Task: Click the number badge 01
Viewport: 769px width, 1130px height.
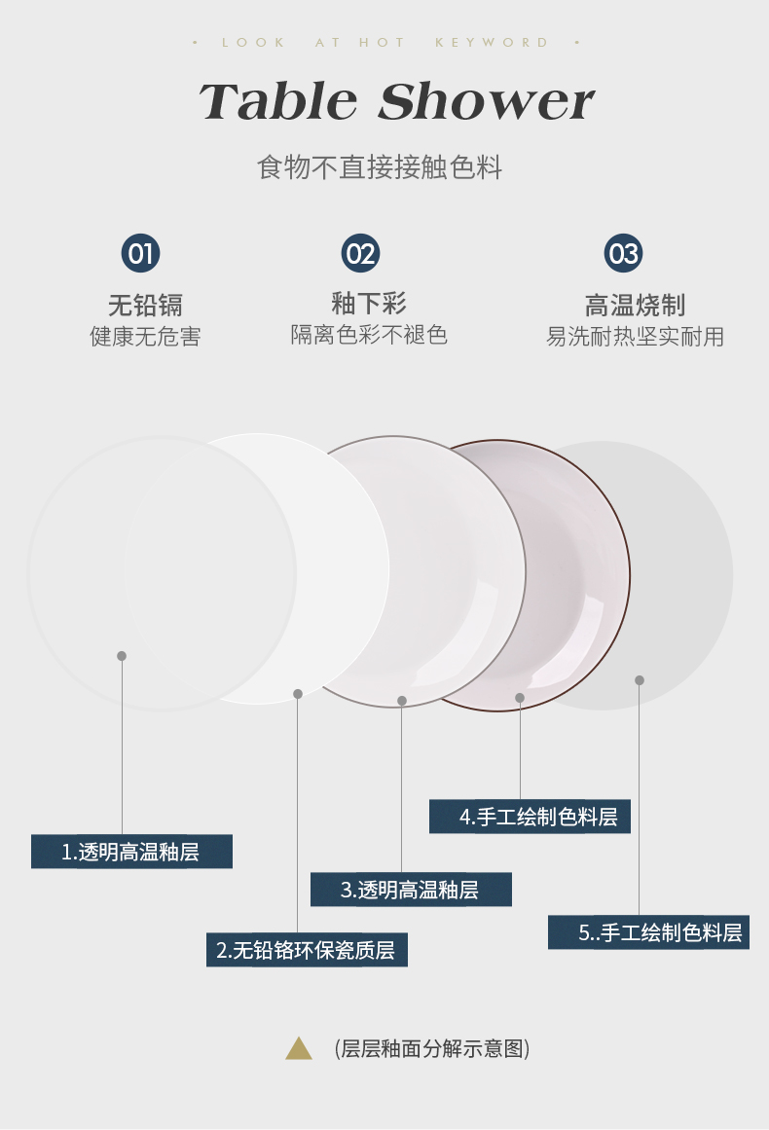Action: point(141,254)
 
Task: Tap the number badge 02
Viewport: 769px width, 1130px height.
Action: point(360,254)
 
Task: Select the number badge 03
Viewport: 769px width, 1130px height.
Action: point(623,254)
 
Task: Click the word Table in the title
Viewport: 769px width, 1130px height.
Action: point(278,102)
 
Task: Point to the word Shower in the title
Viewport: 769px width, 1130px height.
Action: point(486,102)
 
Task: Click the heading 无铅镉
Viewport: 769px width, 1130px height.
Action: point(145,305)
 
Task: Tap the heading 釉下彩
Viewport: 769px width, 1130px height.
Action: point(369,303)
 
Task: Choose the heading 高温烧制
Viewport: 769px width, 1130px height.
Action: point(635,305)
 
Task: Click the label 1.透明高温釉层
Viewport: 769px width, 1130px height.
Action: point(131,852)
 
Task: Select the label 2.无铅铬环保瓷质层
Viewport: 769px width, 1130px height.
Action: point(307,950)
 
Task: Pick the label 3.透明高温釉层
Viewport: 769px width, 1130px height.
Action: point(411,890)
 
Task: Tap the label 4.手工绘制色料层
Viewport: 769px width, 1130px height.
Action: point(530,817)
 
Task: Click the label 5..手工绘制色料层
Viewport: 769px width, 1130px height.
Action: point(648,932)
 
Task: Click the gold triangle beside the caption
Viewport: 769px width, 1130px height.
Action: point(299,1048)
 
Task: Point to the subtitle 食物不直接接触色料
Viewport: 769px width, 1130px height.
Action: point(380,167)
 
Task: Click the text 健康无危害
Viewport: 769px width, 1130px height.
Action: point(145,337)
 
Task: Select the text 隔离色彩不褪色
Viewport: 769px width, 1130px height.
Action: point(369,335)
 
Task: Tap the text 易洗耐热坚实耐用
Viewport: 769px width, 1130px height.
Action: point(635,337)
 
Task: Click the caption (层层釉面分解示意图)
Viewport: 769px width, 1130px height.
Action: point(432,1048)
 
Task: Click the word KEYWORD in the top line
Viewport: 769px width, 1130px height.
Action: point(492,43)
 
